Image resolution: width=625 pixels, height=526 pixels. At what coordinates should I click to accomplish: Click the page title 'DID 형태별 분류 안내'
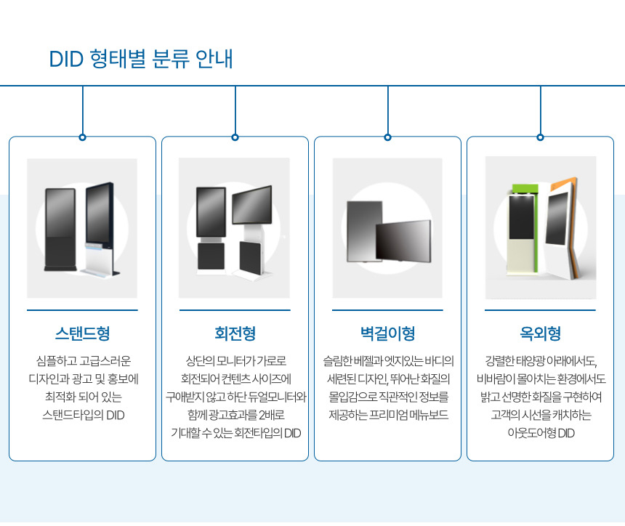click(140, 59)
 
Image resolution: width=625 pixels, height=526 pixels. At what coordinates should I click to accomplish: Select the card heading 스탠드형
click(82, 334)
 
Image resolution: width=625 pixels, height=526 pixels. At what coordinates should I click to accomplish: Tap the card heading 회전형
click(235, 334)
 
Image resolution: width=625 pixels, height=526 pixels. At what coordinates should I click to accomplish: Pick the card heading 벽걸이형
click(387, 334)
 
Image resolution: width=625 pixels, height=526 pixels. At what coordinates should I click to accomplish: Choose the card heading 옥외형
click(540, 334)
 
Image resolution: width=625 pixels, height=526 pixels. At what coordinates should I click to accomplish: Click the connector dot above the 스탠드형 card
click(82, 137)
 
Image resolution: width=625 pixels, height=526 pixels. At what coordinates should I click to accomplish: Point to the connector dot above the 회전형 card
click(235, 137)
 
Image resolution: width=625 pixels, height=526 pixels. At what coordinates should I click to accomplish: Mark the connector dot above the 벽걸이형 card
click(387, 137)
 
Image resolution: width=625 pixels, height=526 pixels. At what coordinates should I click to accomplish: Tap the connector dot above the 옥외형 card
click(540, 137)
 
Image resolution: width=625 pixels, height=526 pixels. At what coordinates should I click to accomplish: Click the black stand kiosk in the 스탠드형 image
click(56, 229)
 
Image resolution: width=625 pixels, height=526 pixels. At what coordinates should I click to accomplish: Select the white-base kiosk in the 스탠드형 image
click(100, 229)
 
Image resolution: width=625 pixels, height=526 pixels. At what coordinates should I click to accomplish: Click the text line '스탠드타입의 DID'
click(82, 416)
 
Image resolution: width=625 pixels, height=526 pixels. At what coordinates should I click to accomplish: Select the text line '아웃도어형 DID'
click(540, 434)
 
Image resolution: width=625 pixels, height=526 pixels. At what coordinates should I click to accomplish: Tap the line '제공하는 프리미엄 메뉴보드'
click(387, 416)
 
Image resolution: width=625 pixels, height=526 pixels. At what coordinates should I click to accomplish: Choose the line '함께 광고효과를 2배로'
click(235, 416)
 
